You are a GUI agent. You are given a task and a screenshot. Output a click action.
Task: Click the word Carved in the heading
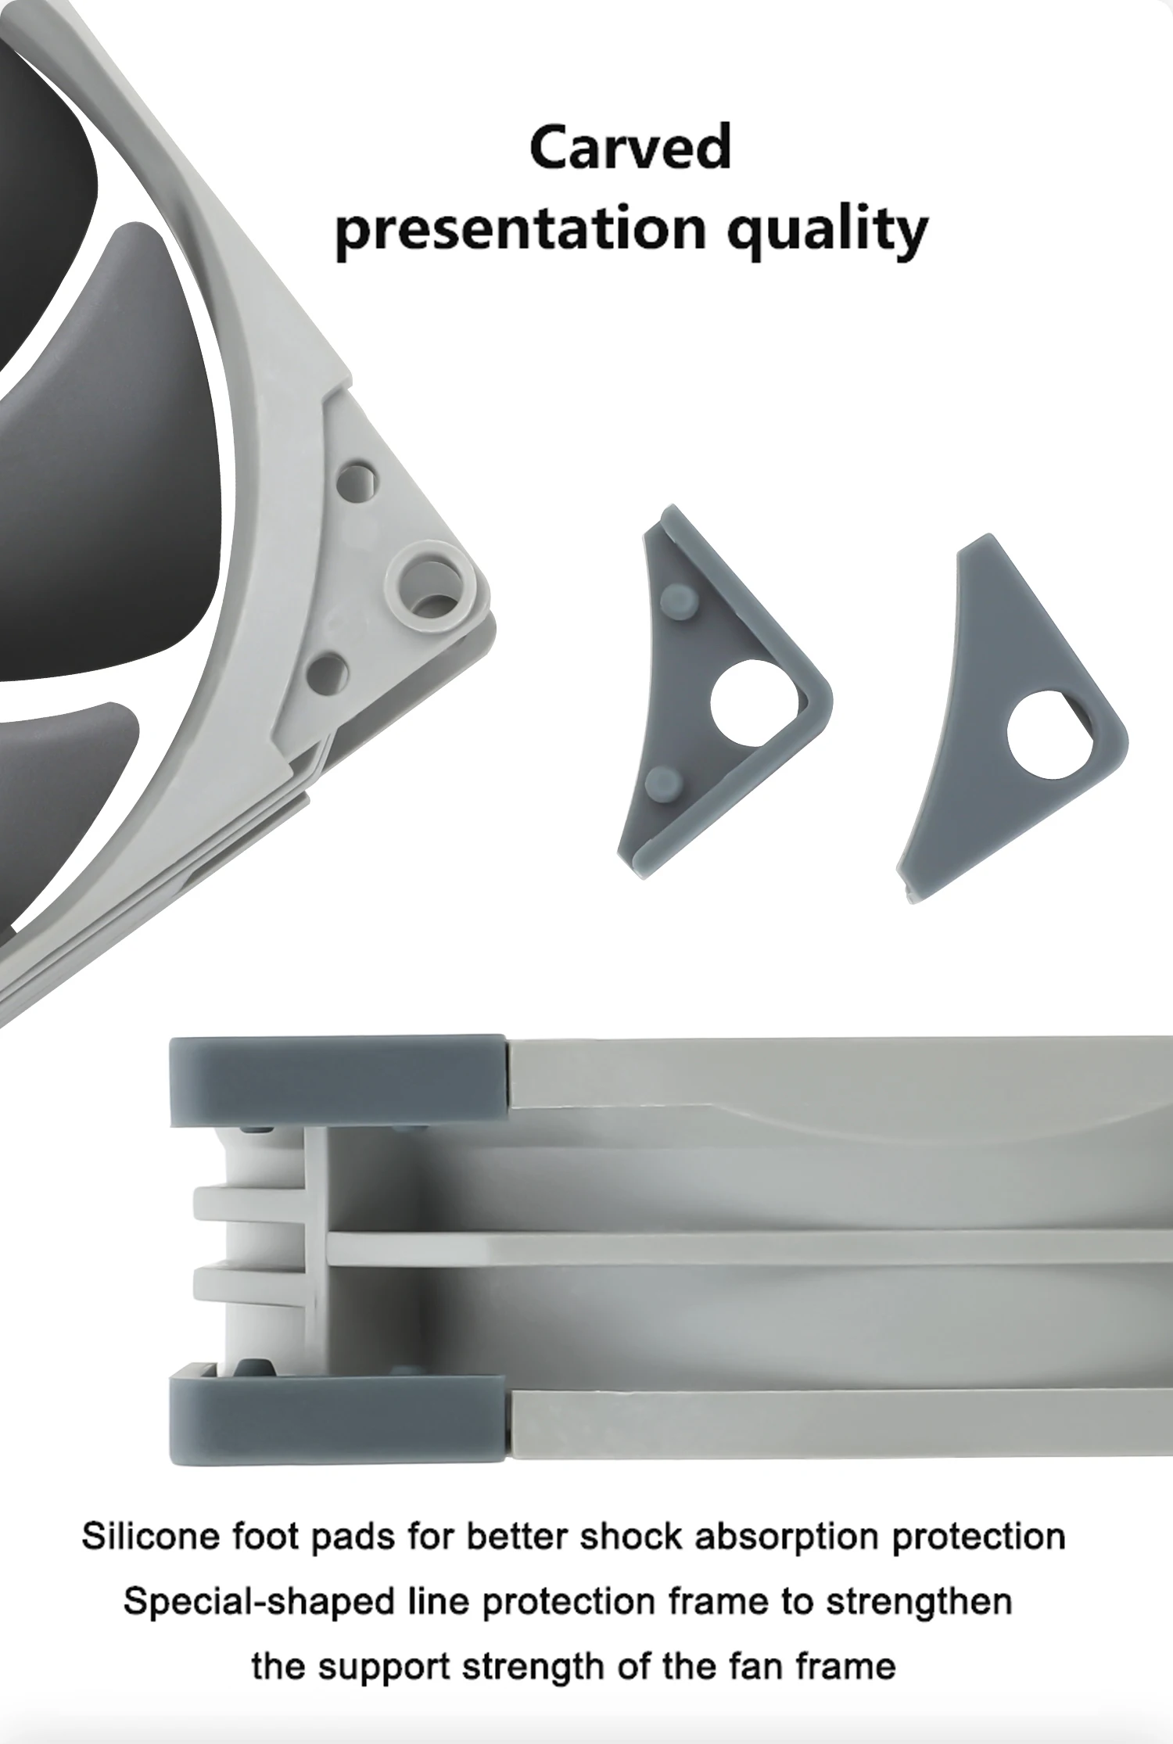(630, 147)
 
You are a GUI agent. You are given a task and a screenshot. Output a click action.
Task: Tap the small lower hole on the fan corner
(329, 670)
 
